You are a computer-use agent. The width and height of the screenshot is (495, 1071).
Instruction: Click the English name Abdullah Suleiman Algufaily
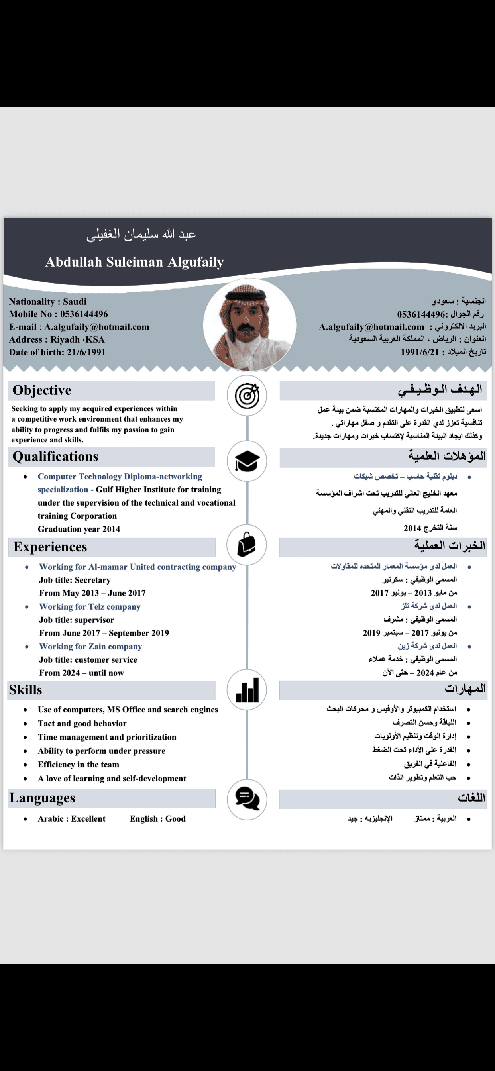coord(134,262)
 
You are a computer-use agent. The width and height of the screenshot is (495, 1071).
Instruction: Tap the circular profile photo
coord(249,324)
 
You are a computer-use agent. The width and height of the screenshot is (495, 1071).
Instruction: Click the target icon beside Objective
coord(247,395)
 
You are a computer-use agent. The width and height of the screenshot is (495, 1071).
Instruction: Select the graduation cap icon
coord(247,461)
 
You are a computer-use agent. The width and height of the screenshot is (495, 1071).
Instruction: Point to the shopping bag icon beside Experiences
coord(247,545)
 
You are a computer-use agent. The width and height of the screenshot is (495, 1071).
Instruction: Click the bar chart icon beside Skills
coord(247,690)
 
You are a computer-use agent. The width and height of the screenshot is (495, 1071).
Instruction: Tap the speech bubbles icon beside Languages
coord(247,800)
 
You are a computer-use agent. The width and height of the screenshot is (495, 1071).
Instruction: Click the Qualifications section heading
coord(55,457)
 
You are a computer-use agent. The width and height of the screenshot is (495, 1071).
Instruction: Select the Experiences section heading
coord(50,547)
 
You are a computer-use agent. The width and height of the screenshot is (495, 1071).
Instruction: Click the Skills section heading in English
coord(26,690)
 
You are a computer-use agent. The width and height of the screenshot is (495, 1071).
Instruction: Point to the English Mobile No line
coord(58,314)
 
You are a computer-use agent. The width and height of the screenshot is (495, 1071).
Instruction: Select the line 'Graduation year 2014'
coord(79,529)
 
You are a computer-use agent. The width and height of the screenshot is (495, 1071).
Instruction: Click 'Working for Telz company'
coord(90,606)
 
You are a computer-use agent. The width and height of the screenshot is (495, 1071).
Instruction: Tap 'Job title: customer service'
coord(88,659)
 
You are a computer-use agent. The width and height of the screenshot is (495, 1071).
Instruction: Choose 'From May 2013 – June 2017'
coord(92,593)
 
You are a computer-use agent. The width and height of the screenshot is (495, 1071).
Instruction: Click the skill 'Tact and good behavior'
coord(82,723)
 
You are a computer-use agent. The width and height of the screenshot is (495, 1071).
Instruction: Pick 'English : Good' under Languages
coord(158,819)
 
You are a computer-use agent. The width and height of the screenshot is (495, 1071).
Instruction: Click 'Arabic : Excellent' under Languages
coord(72,819)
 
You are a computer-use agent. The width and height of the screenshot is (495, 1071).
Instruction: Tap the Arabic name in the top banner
coord(141,235)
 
